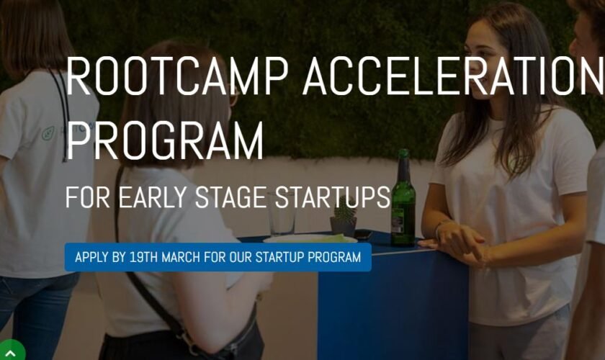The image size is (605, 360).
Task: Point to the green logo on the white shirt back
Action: (48, 133)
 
